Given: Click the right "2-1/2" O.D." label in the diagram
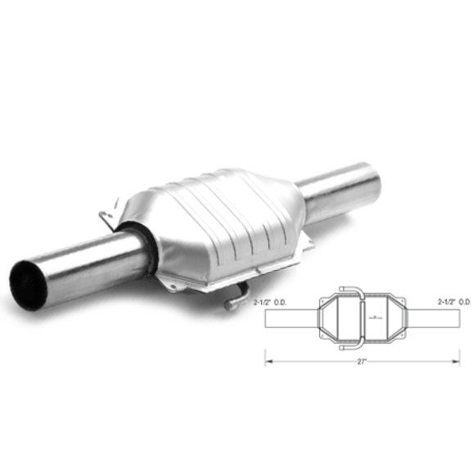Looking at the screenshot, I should [454, 302].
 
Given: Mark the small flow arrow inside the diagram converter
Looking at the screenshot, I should [374, 317].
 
